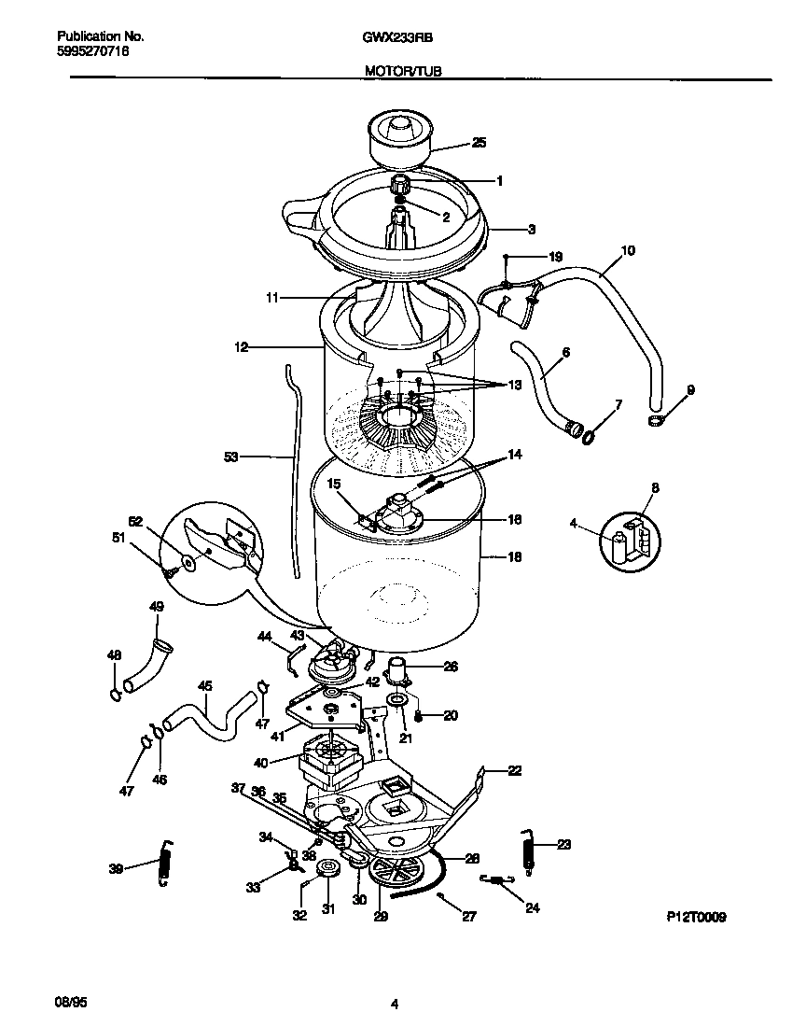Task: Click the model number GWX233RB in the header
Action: coord(396,37)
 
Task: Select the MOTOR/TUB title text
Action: coord(396,70)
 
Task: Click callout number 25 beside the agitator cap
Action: coord(479,143)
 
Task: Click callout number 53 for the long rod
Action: coord(231,457)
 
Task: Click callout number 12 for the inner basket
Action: coord(241,347)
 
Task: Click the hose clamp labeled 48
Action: coord(114,694)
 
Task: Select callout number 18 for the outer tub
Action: coord(513,557)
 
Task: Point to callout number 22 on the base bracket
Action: coord(514,770)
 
